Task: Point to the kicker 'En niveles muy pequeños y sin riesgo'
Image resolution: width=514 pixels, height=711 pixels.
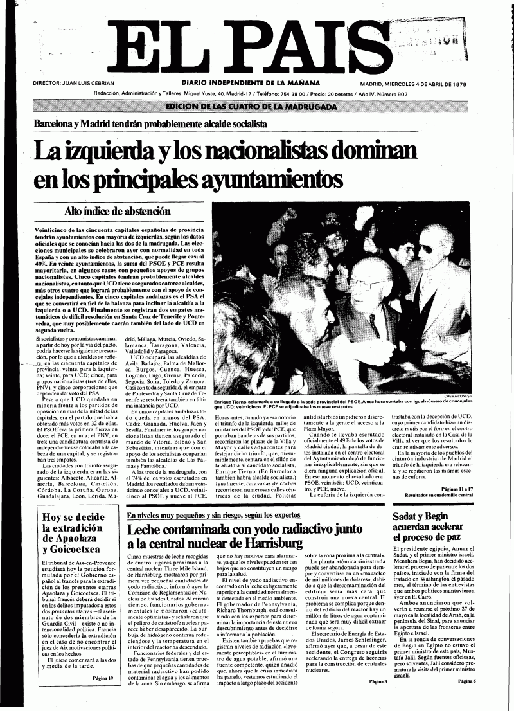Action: pos(212,516)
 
